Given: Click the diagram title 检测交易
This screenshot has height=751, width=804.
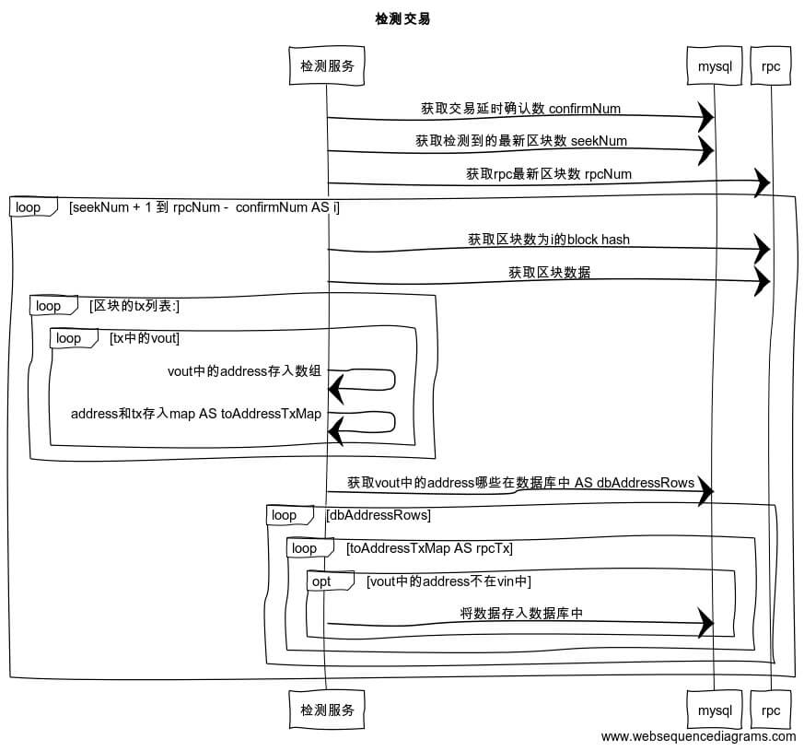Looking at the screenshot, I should pos(402,18).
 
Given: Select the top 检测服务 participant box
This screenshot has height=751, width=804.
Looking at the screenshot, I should pos(327,65).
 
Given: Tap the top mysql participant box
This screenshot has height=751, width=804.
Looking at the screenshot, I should pos(714,66).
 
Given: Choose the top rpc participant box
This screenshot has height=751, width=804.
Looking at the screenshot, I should pos(771,66).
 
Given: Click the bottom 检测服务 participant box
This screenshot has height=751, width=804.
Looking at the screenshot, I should pos(327,710).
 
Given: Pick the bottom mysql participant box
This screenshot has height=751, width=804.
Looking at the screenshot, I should pos(714,710).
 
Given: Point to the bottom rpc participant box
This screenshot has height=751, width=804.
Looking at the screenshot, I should pos(771,710).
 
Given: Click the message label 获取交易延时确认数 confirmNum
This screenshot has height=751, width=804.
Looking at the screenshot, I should pos(520,108).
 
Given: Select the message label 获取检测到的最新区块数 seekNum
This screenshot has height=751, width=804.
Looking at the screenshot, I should pos(520,141).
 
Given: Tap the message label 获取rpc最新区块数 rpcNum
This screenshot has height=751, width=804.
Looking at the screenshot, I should pos(548,173).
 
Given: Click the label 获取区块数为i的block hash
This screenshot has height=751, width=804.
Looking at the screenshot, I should pos(548,240).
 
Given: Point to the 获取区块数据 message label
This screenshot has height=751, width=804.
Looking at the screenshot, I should pos(549,273).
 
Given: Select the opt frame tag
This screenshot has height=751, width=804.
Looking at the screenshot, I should pos(321,582).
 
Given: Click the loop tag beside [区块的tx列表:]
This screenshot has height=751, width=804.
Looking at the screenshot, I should pos(49,306).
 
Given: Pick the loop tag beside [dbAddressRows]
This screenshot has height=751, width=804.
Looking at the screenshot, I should pos(285,515).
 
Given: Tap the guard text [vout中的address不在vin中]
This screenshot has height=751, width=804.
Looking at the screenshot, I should pos(449,581).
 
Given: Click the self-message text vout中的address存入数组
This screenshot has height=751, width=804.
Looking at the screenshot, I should pos(244,372).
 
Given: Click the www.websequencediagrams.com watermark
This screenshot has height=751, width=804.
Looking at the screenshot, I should pos(698,736).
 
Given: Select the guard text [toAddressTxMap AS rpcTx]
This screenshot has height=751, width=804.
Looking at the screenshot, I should pos(429,548).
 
